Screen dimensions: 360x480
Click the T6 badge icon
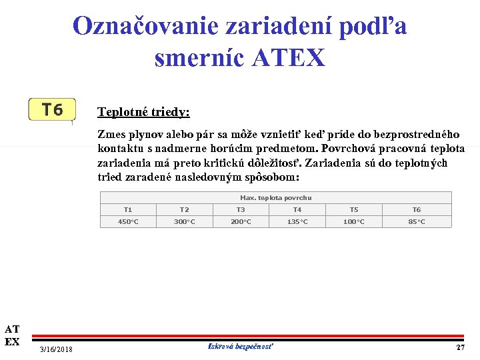click(52, 109)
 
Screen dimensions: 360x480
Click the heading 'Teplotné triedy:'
click(143, 112)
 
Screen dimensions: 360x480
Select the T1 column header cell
click(128, 210)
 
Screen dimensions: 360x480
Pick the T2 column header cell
click(185, 210)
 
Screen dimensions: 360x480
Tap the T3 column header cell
click(241, 210)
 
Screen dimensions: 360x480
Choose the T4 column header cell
click(297, 210)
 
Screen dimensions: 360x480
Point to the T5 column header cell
click(354, 210)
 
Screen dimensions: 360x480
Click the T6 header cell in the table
click(417, 210)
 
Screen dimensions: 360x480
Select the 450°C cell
click(128, 221)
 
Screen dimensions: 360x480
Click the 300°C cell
click(185, 221)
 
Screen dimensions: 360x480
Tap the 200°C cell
click(241, 221)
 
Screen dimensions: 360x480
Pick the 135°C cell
click(297, 221)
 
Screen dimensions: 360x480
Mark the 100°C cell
click(354, 221)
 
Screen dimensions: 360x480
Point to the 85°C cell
click(417, 221)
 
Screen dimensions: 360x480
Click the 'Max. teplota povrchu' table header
click(275, 198)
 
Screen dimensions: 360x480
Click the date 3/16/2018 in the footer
click(57, 350)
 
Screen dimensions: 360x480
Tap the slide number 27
click(460, 348)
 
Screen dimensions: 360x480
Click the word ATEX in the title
click(289, 58)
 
